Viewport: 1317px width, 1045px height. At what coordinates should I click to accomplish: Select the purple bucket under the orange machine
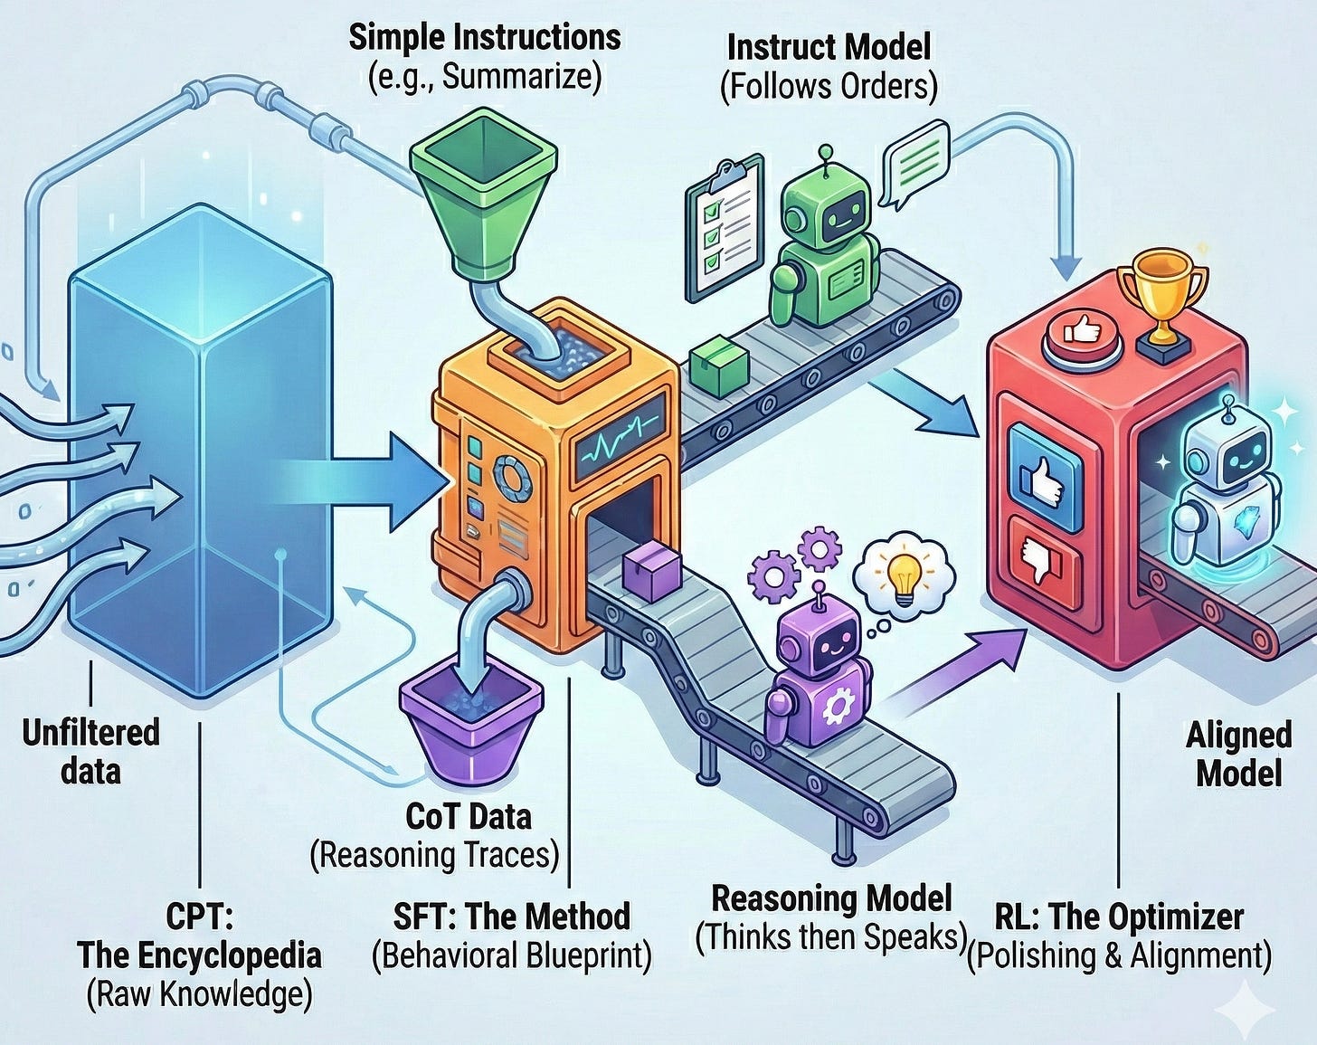coord(471,727)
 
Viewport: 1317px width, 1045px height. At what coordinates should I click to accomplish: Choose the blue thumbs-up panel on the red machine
coord(1045,477)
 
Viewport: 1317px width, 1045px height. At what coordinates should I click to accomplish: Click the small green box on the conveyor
coord(719,367)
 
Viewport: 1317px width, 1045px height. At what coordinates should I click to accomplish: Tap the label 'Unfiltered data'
coord(90,751)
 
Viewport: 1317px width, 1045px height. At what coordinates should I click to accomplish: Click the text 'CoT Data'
coord(469,816)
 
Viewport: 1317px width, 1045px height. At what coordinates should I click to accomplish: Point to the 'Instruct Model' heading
coord(829,47)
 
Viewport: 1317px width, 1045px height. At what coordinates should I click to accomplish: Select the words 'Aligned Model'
coord(1238,754)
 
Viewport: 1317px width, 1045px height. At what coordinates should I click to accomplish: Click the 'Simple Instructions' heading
coord(485,38)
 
